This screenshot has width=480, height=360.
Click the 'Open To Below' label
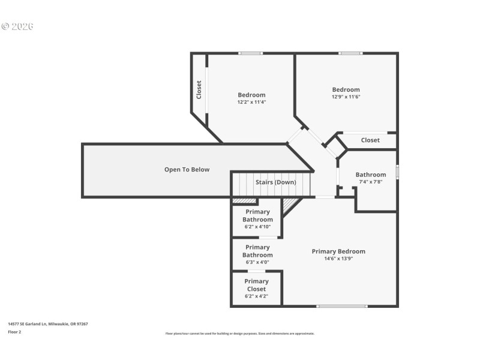click(x=187, y=170)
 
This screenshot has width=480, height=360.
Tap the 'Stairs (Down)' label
click(x=275, y=182)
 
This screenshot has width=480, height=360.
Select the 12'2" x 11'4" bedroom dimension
click(x=251, y=102)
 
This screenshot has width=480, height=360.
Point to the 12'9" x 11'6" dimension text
click(x=346, y=97)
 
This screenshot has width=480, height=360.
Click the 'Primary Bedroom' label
click(x=338, y=251)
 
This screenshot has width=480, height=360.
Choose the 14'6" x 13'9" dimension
click(x=338, y=259)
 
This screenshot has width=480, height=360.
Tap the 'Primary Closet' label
click(x=256, y=285)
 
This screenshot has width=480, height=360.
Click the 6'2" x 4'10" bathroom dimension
click(x=257, y=227)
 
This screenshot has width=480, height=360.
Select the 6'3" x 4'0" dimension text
click(x=257, y=262)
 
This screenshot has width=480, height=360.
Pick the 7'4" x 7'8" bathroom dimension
click(x=370, y=182)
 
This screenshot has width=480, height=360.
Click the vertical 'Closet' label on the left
click(x=199, y=90)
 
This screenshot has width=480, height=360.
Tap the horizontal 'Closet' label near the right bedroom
click(x=370, y=140)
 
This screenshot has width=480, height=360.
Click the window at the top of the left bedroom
click(x=250, y=53)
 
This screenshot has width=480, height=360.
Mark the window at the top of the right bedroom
click(x=350, y=53)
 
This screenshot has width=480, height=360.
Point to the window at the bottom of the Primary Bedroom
click(x=341, y=306)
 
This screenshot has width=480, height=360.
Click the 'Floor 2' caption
click(x=14, y=331)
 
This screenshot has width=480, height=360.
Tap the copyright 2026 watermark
click(x=17, y=26)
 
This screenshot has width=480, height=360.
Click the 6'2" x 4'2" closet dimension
click(x=256, y=296)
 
